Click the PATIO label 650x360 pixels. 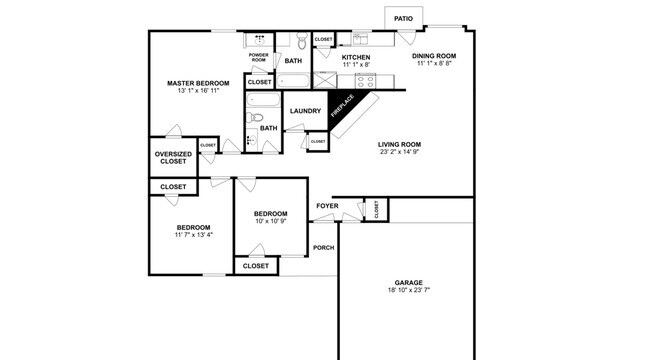click(x=403, y=18)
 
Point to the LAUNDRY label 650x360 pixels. click(x=304, y=110)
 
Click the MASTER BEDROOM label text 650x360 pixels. click(x=198, y=82)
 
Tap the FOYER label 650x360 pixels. click(x=327, y=206)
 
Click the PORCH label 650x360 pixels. click(x=323, y=247)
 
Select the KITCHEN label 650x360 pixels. click(x=356, y=58)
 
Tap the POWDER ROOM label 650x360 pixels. click(x=258, y=58)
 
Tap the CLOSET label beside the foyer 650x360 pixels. click(x=376, y=209)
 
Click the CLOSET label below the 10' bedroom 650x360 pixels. click(x=256, y=266)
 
